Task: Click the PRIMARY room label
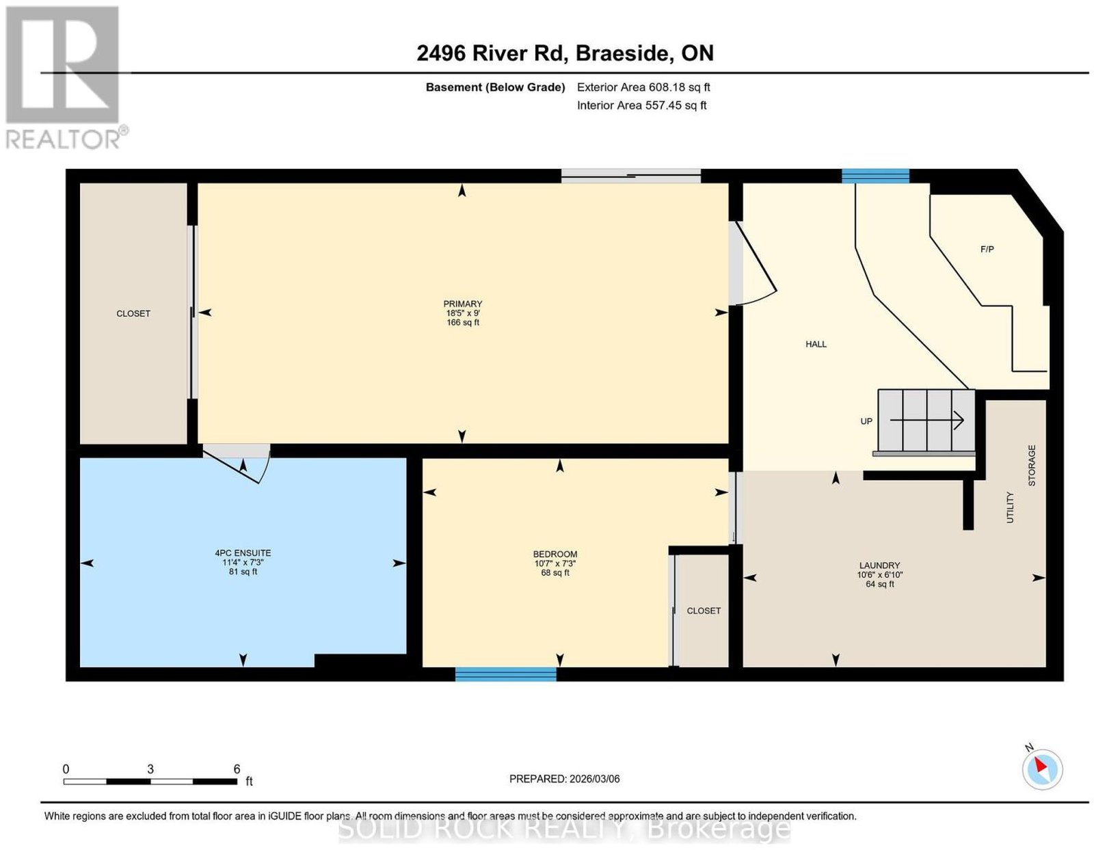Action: pos(462,304)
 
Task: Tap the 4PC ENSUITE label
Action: pos(243,553)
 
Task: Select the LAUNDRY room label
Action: pos(879,566)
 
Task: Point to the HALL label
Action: pos(816,344)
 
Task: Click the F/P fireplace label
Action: pos(987,249)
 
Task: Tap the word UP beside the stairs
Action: pos(866,421)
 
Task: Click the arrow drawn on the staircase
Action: pos(926,421)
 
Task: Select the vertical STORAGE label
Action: pos(1032,466)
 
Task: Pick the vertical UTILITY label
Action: pos(1010,507)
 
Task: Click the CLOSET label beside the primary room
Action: pos(133,313)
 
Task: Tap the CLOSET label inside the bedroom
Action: pos(704,611)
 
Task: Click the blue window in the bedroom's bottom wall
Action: pos(505,674)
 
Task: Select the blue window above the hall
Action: pos(875,176)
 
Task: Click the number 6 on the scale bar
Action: pos(237,769)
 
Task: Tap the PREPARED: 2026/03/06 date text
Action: pos(564,779)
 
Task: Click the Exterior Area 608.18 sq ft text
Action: pos(643,87)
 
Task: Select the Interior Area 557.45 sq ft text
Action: pos(641,105)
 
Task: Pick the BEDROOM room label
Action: pos(555,554)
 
